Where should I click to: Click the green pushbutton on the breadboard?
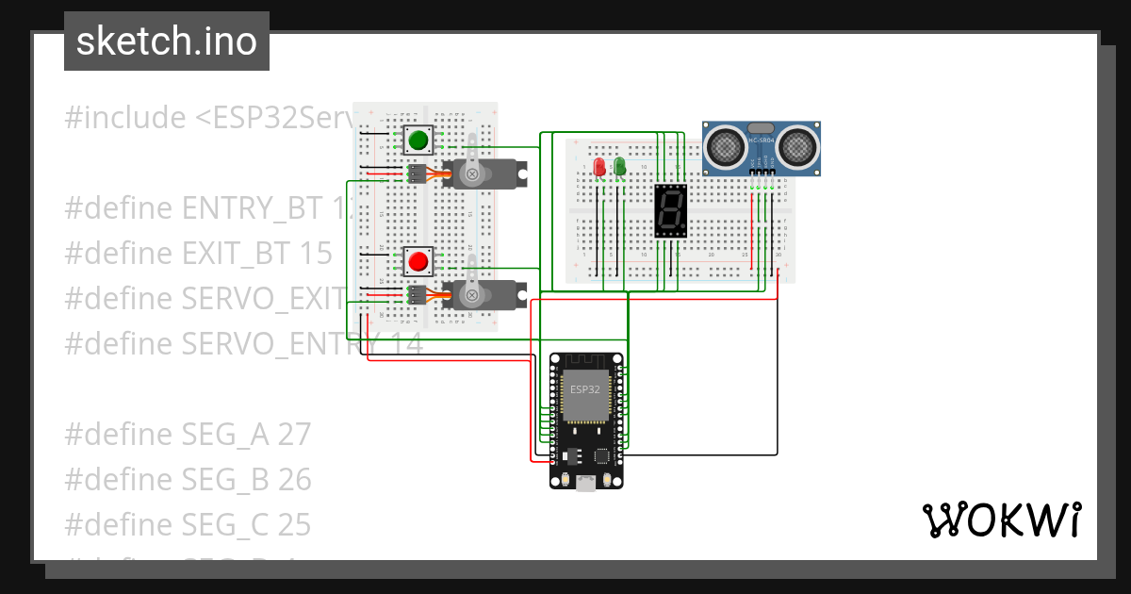(418, 141)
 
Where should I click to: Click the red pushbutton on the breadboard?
(418, 261)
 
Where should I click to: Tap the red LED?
(599, 167)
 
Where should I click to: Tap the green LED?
(619, 167)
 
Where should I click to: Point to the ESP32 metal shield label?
(584, 388)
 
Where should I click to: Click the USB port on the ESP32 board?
(586, 483)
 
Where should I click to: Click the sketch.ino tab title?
(167, 41)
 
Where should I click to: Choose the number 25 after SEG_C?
(294, 525)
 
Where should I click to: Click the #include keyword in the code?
(124, 118)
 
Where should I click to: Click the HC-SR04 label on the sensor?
(761, 140)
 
